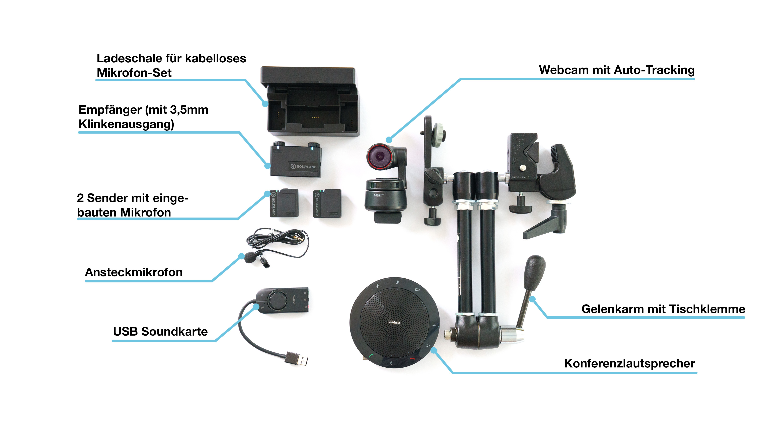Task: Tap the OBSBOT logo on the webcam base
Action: click(x=378, y=195)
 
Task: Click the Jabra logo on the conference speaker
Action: click(x=394, y=322)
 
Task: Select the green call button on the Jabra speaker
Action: click(x=371, y=356)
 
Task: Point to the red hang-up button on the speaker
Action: click(x=412, y=359)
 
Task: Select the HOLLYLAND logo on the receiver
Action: click(x=304, y=166)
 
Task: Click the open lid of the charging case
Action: click(x=308, y=75)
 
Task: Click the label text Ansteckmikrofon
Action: click(x=134, y=272)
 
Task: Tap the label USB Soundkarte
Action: click(x=160, y=331)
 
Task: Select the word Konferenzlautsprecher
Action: click(x=629, y=363)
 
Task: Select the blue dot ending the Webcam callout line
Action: click(x=389, y=140)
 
